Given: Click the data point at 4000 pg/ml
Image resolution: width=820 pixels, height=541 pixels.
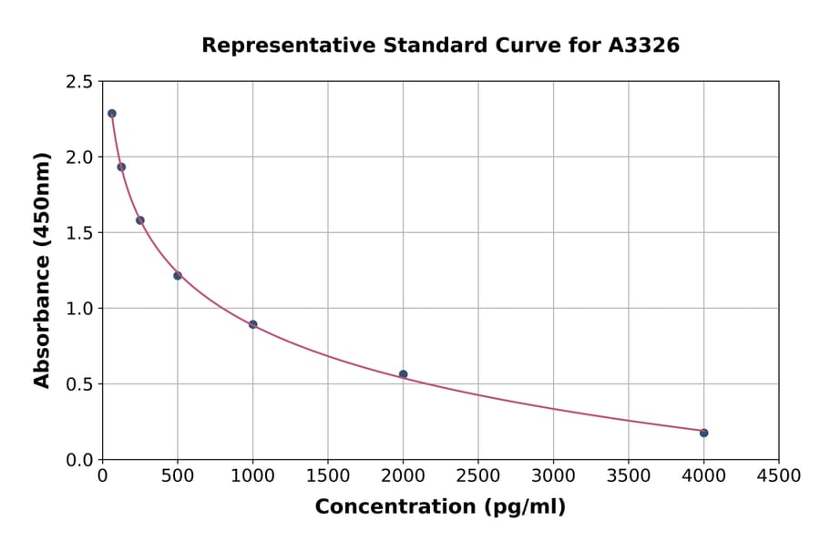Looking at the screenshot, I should pos(703,433).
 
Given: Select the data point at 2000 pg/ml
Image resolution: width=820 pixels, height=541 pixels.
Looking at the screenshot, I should pos(403,374).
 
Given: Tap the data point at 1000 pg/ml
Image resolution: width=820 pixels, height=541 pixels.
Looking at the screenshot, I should pos(252,324).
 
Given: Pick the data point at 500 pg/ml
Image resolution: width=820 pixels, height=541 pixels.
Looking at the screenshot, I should pos(178,276).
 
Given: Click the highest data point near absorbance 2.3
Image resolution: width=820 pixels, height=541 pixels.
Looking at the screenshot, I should pos(112,114).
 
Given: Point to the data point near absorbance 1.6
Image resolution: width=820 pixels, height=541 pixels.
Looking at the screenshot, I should pos(140,220).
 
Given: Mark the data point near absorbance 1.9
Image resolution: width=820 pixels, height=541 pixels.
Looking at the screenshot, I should pos(121,167).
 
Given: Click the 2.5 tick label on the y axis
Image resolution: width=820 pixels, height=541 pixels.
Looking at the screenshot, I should pos(78,82).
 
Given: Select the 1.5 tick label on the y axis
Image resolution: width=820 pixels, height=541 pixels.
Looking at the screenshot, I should pos(78,233).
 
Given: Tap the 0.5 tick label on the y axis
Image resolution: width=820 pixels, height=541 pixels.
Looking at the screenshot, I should pos(78,384).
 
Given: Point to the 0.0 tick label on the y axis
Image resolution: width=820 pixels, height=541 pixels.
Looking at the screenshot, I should pos(78,460).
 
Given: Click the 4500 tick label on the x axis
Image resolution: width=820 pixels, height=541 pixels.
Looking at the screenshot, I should pos(778,476).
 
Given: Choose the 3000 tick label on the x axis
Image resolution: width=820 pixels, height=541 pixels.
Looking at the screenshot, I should pos(553,476).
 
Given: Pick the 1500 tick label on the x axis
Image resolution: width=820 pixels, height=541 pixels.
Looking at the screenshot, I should pos(328,476).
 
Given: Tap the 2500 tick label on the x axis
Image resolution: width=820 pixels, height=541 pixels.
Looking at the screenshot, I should pos(478,476).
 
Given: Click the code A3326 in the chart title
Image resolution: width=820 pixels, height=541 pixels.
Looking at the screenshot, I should pos(644,46).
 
